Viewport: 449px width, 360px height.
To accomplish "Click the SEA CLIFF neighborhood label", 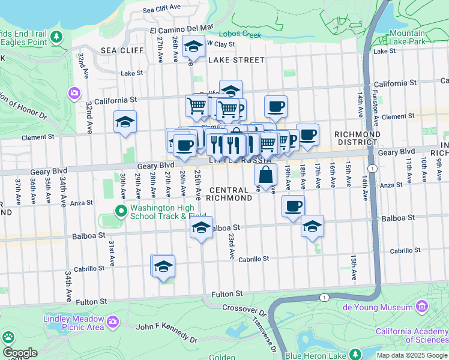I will coord(116,50).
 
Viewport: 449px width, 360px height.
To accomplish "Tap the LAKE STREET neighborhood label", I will coord(236,60).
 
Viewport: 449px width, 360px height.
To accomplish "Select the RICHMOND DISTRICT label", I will coord(357,138).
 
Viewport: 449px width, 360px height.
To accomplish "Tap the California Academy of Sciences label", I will coord(412,335).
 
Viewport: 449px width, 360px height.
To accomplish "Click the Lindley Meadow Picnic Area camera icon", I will coord(112,323).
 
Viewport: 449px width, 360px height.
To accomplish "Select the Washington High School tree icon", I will coord(121,211).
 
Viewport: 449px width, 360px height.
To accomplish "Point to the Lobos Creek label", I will coord(240,34).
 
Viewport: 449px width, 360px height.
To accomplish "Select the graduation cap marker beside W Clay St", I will coord(193,47).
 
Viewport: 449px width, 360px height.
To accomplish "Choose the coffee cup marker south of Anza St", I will coord(293,206).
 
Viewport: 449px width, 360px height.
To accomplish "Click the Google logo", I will coord(19,353).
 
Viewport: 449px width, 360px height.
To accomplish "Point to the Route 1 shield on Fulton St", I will coord(325,298).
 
